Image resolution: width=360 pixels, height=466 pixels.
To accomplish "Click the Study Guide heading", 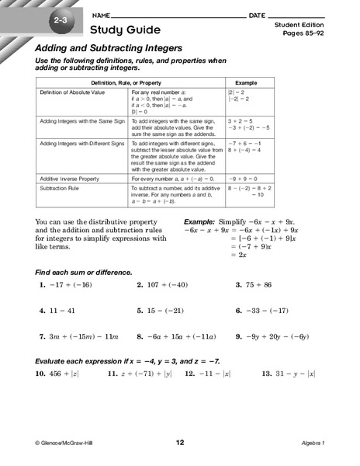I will [x=125, y=30].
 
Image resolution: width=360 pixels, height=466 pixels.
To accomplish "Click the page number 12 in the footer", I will [x=180, y=443].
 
